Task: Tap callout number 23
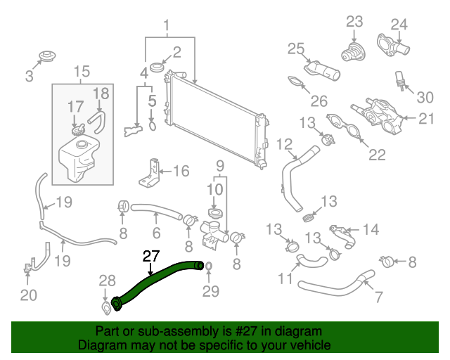(x=354, y=22)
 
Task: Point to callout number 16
(x=181, y=170)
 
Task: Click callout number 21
(x=426, y=119)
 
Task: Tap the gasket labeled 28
(x=105, y=307)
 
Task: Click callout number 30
(x=426, y=97)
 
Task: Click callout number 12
(x=283, y=145)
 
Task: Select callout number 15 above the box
(x=82, y=71)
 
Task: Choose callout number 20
(x=28, y=295)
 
